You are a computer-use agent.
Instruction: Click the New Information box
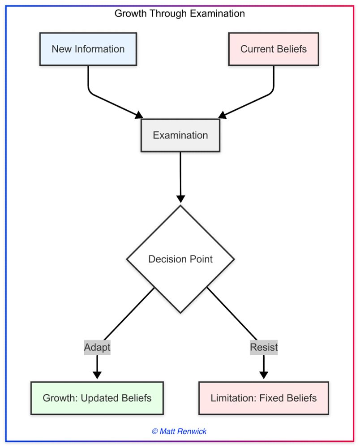point(88,49)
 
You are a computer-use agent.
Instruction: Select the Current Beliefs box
point(273,49)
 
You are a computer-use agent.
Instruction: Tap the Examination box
point(180,135)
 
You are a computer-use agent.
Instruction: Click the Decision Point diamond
point(180,259)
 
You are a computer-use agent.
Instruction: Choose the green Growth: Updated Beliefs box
point(97,398)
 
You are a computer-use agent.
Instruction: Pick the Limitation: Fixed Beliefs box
point(263,398)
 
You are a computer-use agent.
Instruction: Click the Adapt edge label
point(97,347)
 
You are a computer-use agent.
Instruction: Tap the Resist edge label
point(263,347)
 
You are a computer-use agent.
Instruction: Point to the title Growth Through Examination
point(180,13)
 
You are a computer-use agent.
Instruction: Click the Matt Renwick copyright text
point(179,431)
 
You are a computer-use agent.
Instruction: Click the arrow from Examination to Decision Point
point(180,177)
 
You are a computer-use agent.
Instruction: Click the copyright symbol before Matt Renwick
point(155,431)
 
